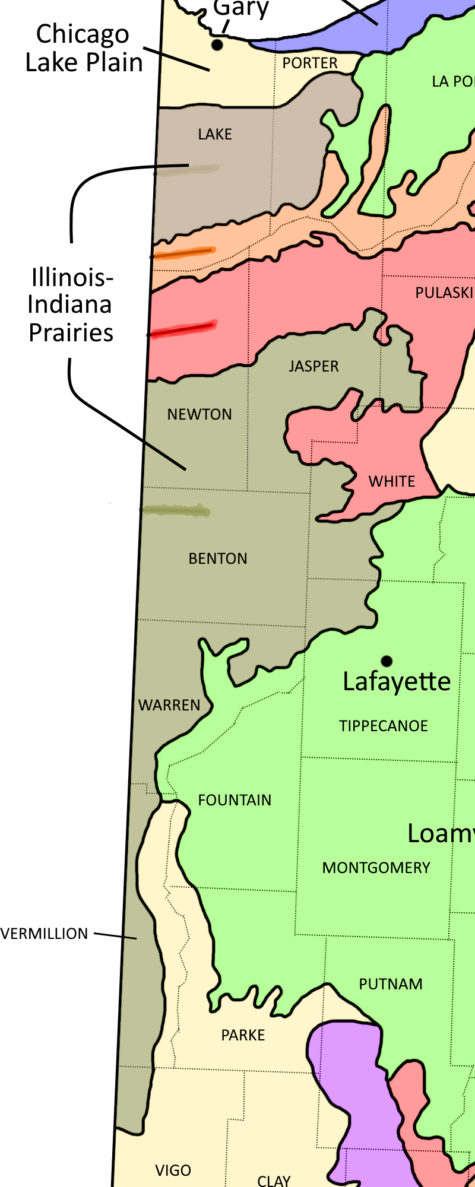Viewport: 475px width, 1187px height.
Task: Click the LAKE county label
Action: [x=215, y=134]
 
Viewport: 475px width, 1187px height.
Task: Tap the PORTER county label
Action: [x=309, y=63]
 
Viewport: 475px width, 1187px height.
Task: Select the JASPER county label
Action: [x=313, y=366]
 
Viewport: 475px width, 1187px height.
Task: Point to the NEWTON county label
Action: [x=199, y=414]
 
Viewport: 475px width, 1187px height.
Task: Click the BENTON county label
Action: [x=217, y=558]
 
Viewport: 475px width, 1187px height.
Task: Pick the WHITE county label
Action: [x=392, y=481]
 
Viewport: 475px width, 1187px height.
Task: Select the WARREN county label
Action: [x=169, y=705]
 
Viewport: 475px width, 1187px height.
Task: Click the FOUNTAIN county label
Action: [x=235, y=800]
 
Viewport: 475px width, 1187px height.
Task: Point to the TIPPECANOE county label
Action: [x=383, y=726]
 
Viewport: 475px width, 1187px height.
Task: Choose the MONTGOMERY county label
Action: [x=376, y=868]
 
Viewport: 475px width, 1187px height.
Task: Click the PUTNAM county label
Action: [x=391, y=984]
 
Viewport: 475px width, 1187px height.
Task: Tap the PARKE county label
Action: [x=243, y=1035]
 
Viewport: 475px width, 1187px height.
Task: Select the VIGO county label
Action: [x=173, y=1170]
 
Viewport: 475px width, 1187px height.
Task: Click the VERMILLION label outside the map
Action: [x=45, y=934]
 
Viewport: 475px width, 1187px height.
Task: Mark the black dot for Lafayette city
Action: [x=387, y=661]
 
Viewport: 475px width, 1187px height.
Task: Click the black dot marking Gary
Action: [x=217, y=45]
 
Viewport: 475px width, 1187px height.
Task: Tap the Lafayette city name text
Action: [x=397, y=681]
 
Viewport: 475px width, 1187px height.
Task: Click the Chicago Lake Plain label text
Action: [x=83, y=48]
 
